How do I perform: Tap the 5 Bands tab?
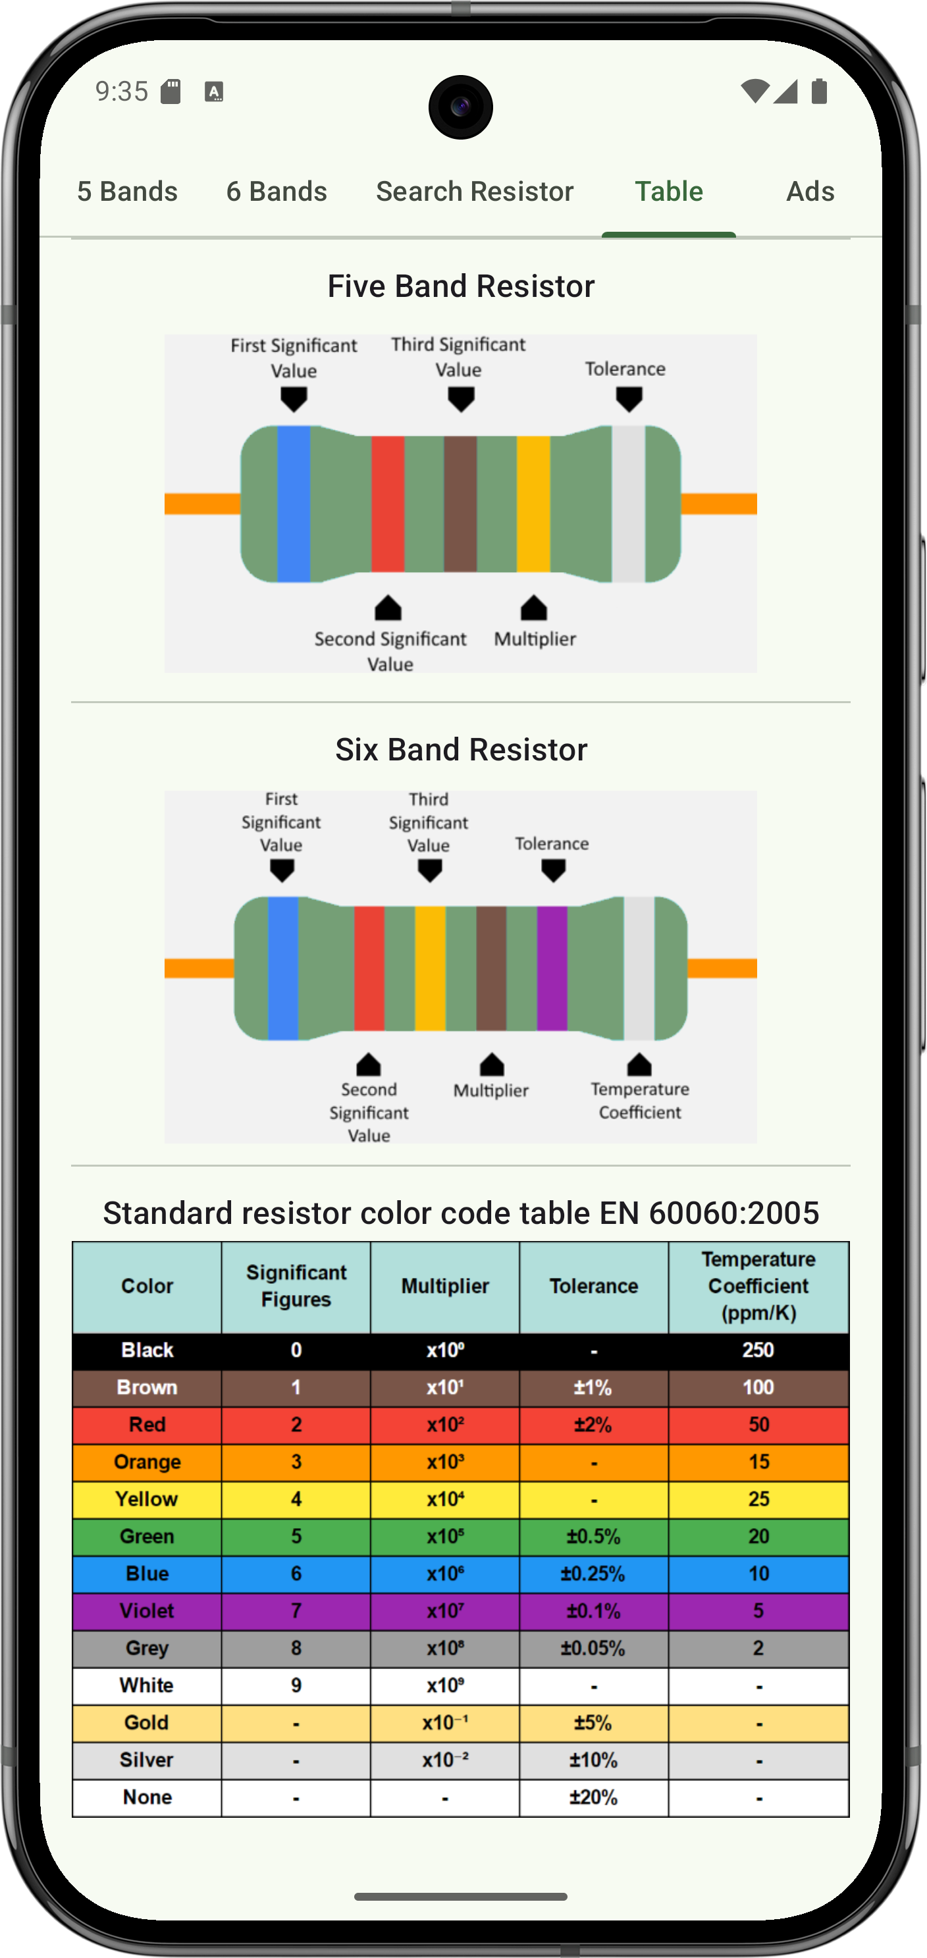click(127, 191)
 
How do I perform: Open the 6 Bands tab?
click(277, 191)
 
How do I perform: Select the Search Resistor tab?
click(474, 191)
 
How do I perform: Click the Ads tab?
click(810, 191)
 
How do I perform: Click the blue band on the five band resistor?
click(293, 503)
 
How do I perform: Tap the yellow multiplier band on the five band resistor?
click(533, 503)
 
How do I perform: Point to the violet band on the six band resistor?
click(552, 968)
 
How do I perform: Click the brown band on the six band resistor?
click(491, 968)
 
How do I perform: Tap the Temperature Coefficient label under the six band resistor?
click(640, 1101)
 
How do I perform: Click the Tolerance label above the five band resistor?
click(625, 369)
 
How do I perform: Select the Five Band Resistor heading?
click(460, 286)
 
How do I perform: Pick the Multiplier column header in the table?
click(444, 1286)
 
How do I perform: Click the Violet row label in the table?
click(147, 1610)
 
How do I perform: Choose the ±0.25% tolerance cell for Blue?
click(593, 1573)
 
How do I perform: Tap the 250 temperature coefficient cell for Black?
click(758, 1350)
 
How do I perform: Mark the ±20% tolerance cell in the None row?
click(593, 1797)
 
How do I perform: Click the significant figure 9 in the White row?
click(296, 1685)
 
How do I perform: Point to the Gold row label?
click(147, 1722)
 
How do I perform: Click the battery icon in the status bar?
click(818, 92)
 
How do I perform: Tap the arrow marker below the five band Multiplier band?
click(533, 608)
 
